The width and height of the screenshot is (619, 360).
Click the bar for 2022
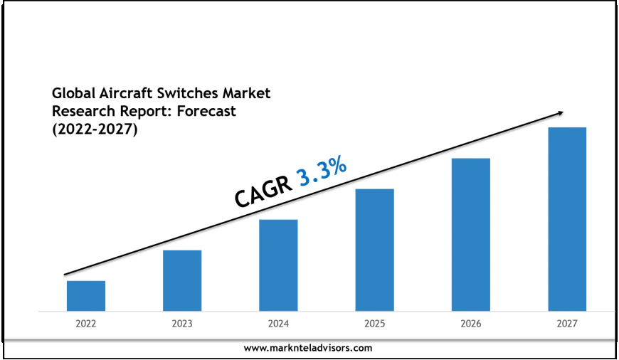[x=86, y=296]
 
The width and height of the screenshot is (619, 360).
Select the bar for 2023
[x=182, y=280]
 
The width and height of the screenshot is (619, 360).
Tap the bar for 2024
[x=278, y=265]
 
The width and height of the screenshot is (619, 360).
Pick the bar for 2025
[x=374, y=250]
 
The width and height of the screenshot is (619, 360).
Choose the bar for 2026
[x=470, y=234]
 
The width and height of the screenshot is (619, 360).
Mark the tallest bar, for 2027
[x=567, y=219]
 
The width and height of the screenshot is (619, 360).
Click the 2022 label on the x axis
[x=86, y=324]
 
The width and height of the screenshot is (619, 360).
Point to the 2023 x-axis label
[x=182, y=324]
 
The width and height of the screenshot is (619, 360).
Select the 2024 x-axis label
[x=278, y=324]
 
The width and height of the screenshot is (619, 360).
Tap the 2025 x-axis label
[x=374, y=324]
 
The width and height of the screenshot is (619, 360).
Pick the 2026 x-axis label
[x=470, y=324]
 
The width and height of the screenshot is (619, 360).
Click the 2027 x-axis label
[x=567, y=324]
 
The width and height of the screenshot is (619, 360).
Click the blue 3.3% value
[x=322, y=171]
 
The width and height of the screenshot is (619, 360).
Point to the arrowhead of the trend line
[x=561, y=112]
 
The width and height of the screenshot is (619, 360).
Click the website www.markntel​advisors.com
[x=307, y=348]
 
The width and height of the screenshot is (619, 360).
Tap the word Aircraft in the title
[x=120, y=94]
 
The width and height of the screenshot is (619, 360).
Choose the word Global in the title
[x=71, y=94]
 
